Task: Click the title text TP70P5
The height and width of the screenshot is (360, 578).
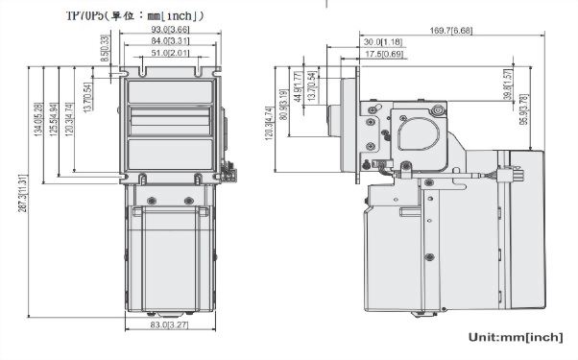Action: coord(84,15)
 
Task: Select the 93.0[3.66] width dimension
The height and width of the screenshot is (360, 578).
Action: coord(170,31)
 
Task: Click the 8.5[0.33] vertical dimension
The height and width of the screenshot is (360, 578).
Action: coord(104,45)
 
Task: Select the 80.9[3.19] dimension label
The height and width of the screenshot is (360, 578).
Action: coord(283,107)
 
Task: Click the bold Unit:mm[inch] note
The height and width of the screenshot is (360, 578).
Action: coord(516,338)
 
